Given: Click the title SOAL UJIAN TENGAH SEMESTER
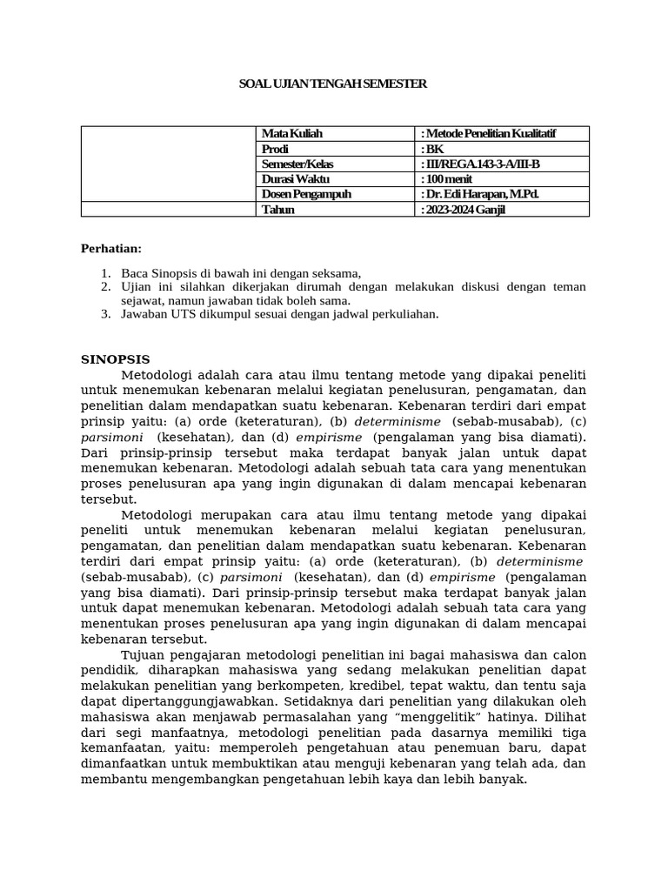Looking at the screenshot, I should click(333, 84).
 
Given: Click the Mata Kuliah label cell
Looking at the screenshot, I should click(292, 134).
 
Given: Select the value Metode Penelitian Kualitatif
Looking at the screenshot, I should click(490, 134).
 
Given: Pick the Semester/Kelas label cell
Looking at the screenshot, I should click(297, 164).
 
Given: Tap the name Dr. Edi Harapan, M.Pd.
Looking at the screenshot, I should click(481, 194).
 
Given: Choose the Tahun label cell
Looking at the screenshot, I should click(278, 210).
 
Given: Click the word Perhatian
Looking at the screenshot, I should click(111, 249).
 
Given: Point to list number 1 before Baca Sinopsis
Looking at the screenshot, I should click(105, 273).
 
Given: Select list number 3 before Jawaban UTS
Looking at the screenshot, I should click(105, 314).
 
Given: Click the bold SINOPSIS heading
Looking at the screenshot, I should click(116, 359).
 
